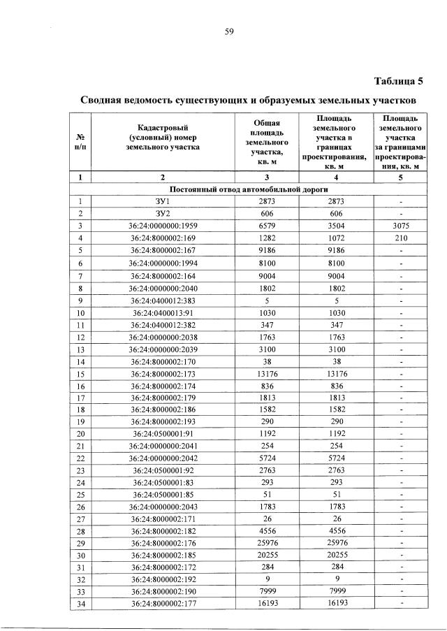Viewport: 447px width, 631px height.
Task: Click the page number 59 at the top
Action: click(x=228, y=30)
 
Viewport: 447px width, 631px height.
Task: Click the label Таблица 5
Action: click(x=398, y=80)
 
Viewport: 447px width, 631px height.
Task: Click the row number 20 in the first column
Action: click(x=80, y=433)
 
